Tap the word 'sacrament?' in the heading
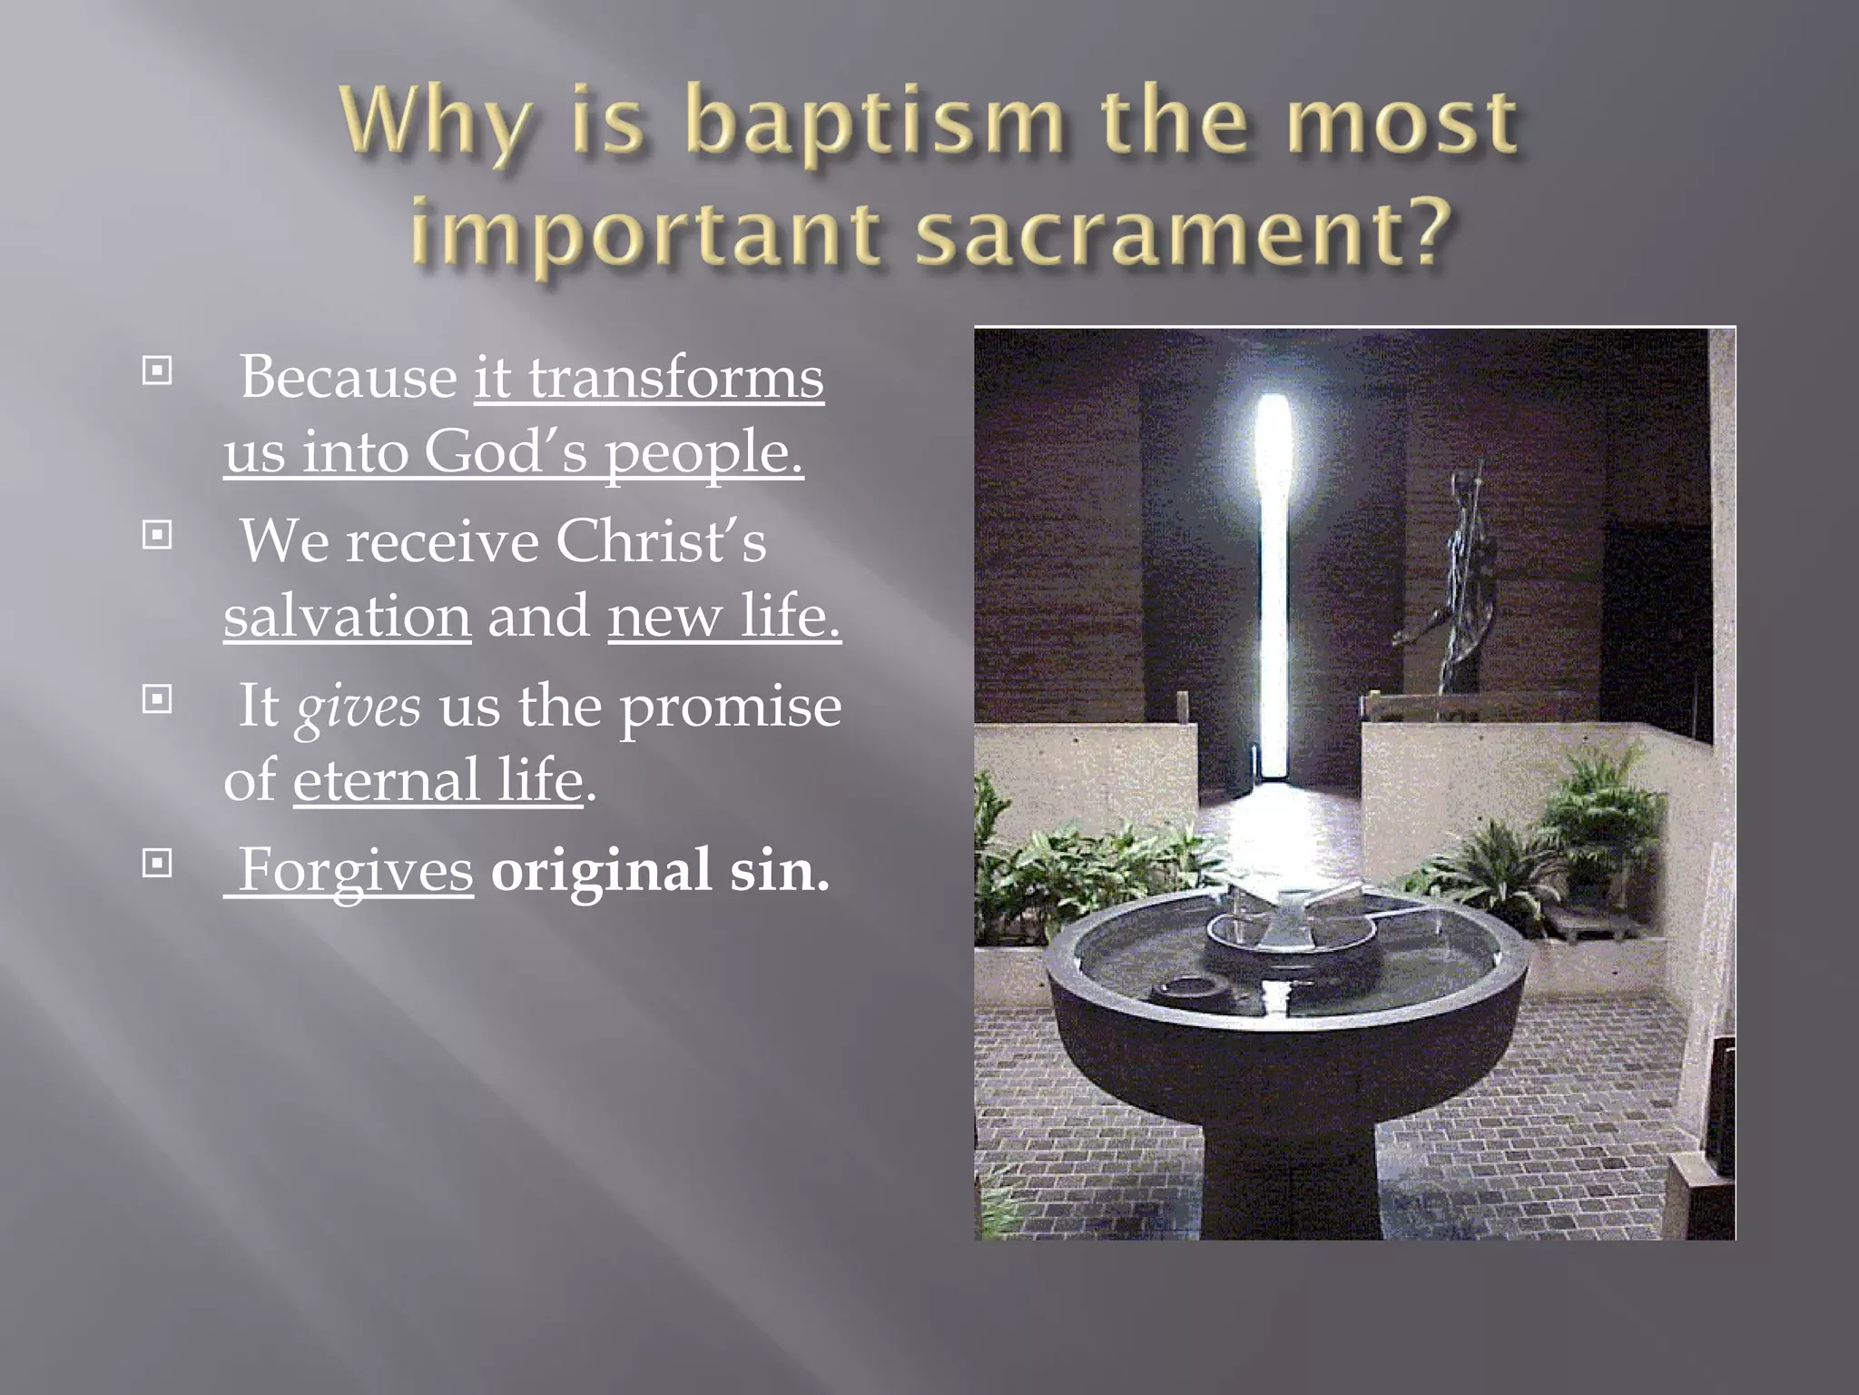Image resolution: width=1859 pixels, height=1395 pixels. [1182, 232]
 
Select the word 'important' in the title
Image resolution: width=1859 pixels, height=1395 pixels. [646, 234]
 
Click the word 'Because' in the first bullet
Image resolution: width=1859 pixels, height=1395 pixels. [349, 376]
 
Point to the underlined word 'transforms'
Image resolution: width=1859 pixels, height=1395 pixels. [676, 376]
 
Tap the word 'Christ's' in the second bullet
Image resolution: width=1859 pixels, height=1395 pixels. [661, 541]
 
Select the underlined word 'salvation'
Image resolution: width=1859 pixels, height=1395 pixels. [348, 616]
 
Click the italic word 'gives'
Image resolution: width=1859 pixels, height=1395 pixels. [359, 707]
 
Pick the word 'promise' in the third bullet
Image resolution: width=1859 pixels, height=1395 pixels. [731, 707]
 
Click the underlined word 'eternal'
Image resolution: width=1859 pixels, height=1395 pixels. [386, 780]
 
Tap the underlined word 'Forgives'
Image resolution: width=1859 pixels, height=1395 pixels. [355, 870]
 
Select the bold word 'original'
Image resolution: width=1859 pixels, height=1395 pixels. [601, 870]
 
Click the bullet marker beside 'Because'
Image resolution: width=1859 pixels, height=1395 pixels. [158, 371]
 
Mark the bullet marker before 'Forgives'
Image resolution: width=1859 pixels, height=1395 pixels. [158, 863]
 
